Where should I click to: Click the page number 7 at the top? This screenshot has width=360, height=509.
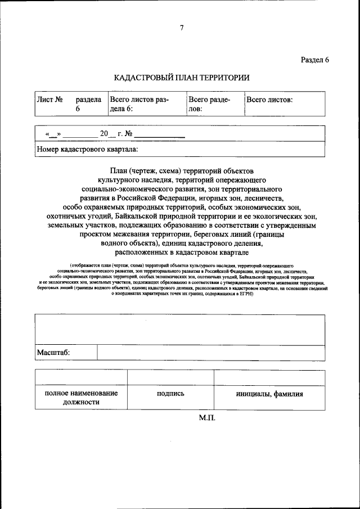coord(181,28)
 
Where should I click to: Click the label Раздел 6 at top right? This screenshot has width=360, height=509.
coord(314,60)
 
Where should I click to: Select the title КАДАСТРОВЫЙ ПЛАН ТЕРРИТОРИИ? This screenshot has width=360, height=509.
coord(181,78)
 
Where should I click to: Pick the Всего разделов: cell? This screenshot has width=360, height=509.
coord(209,104)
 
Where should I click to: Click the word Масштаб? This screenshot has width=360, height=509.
coord(53,353)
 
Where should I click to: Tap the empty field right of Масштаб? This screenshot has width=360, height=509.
coord(211,353)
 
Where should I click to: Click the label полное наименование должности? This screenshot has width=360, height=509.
coord(81,398)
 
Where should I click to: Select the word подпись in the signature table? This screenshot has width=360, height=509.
coord(170,394)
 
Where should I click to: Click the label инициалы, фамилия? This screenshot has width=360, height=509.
coord(269,394)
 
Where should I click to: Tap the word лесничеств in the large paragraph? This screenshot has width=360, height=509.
coord(265,198)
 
